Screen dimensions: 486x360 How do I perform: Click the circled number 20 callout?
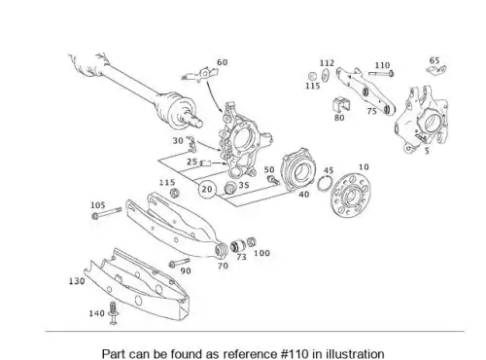pos(207,189)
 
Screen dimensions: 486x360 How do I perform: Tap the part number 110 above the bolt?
pos(382,65)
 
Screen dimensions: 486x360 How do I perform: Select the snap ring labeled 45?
pos(325,184)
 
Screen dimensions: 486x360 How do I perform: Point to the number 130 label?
pos(77,281)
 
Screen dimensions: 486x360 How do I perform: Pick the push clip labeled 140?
pos(113,313)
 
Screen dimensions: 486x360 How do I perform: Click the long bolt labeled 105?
pos(106,213)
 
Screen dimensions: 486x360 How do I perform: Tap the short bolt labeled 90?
pos(179,263)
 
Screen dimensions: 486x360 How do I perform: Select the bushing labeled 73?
pos(238,245)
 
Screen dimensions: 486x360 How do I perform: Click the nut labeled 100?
pos(252,242)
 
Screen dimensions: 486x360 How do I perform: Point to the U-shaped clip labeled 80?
pos(341,104)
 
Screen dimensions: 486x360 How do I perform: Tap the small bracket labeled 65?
pos(436,69)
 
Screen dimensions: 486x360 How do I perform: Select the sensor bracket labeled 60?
pos(199,75)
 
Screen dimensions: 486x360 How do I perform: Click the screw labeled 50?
pos(273,180)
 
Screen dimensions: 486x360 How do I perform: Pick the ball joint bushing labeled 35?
pos(230,188)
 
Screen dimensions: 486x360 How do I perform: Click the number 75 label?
pos(371,111)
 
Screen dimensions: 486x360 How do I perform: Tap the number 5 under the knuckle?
pos(427,151)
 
